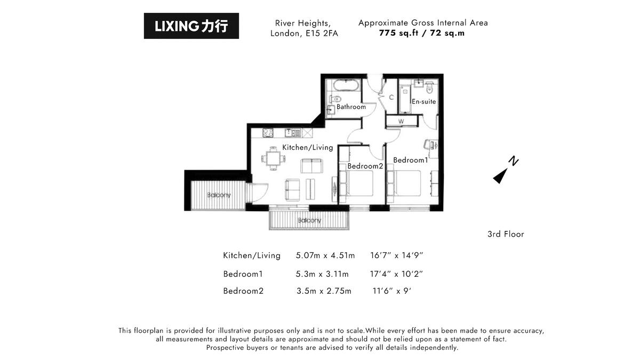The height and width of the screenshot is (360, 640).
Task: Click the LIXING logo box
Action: pos(191,26)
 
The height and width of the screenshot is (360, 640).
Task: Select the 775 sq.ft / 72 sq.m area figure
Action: pos(422,33)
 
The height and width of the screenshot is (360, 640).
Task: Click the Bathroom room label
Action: pos(351,107)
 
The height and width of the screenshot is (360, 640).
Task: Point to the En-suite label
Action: pos(423,101)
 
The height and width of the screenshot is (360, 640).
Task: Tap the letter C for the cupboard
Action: pos(391,97)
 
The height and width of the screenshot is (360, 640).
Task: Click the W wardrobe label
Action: pos(401,122)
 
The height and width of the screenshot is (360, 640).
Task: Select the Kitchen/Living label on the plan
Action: pos(307,147)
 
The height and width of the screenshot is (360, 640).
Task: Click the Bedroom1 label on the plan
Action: pos(411,160)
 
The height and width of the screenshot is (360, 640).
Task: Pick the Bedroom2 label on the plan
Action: pos(365,166)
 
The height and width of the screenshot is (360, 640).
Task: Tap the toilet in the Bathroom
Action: pos(336,99)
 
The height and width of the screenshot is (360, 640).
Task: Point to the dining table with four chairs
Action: pos(273,158)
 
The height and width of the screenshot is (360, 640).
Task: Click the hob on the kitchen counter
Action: pos(268,132)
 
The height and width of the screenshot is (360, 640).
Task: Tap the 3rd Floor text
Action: pos(506,234)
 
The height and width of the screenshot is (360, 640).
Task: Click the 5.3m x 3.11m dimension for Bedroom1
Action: pos(322,274)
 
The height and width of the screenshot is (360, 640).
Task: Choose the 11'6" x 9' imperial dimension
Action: pos(392,291)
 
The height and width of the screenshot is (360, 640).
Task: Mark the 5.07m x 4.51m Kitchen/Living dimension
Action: pos(325,255)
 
